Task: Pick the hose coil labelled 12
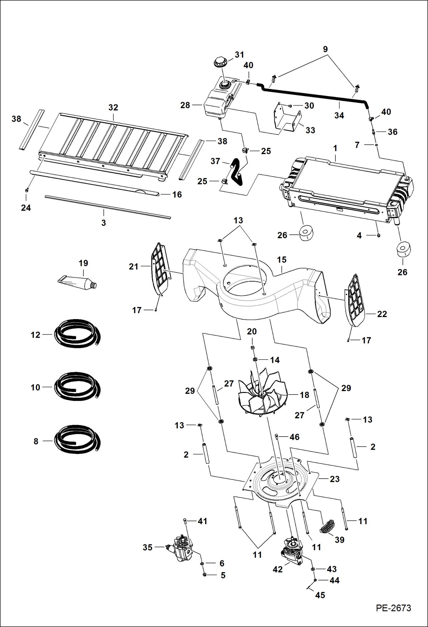point(77,334)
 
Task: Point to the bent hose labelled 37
point(236,172)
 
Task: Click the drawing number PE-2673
point(393,608)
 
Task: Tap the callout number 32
point(113,108)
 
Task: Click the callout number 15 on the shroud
point(281,260)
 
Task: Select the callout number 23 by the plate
point(335,479)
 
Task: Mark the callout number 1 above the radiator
point(335,148)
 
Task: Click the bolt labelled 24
point(26,190)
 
